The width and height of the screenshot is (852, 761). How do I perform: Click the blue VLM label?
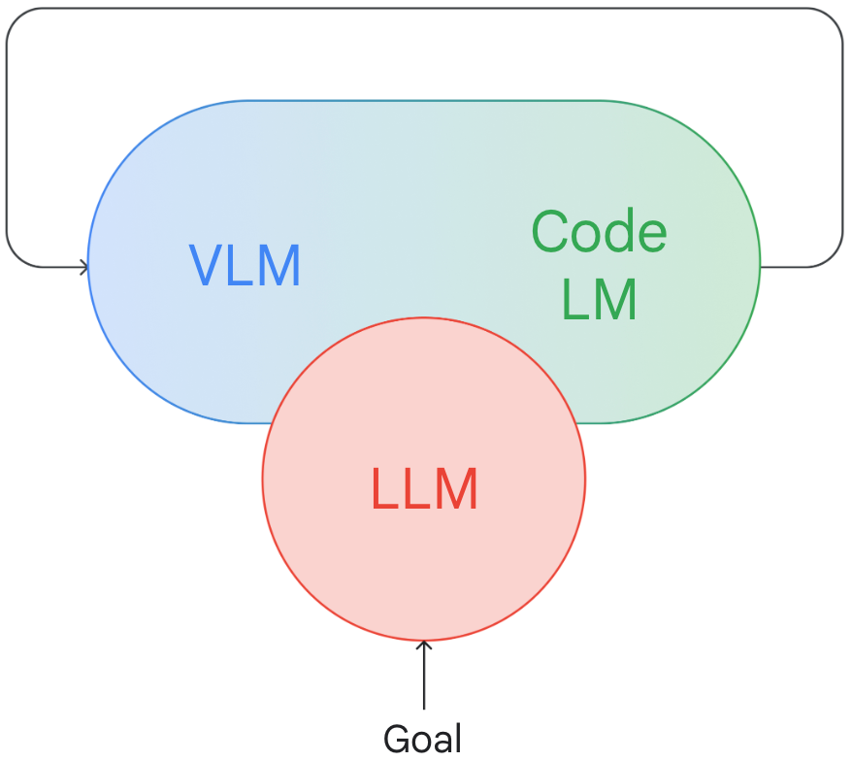click(x=245, y=265)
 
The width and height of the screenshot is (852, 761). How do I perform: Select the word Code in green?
click(x=599, y=232)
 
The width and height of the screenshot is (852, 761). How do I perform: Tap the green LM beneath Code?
click(x=599, y=299)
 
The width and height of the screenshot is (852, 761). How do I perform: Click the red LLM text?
click(x=424, y=488)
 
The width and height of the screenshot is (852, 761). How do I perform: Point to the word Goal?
click(x=423, y=738)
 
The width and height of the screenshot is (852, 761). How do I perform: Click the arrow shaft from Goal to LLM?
click(x=424, y=676)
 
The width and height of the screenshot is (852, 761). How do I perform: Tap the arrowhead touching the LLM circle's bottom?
click(x=424, y=645)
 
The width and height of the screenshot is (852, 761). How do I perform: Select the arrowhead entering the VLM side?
click(x=83, y=267)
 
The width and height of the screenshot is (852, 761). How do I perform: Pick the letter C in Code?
click(x=551, y=232)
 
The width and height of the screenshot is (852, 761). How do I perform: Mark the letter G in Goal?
click(x=398, y=738)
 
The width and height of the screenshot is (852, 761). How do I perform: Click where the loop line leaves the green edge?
click(x=760, y=267)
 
